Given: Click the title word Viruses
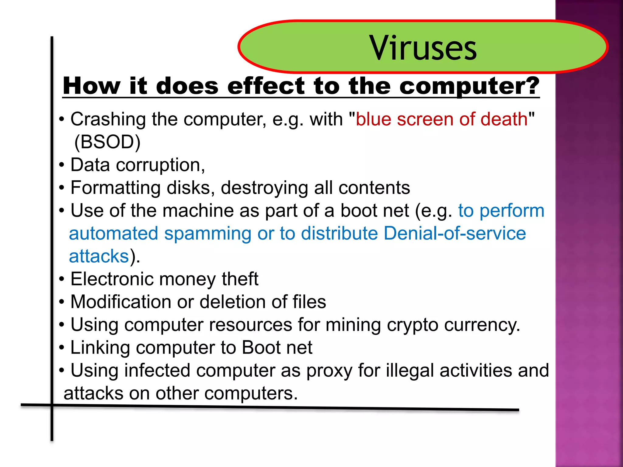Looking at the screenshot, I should coord(423,48).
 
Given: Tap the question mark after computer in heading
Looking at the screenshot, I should coord(531,86).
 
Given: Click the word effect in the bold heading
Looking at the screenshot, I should coord(266,86).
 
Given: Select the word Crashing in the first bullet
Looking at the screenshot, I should coord(108,119).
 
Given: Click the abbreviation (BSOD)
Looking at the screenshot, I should coord(107,142).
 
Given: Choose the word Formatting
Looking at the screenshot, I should coord(115,188).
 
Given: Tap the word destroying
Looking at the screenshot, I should coord(264,188).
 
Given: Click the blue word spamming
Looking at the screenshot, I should coord(207,233).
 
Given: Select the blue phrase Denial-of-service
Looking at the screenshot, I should coord(454,233).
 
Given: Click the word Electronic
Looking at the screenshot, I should coord(112,279).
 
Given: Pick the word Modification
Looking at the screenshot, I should coord(121,302).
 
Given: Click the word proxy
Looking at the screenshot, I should coord(329,371).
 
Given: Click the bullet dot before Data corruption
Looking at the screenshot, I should coord(62,165).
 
